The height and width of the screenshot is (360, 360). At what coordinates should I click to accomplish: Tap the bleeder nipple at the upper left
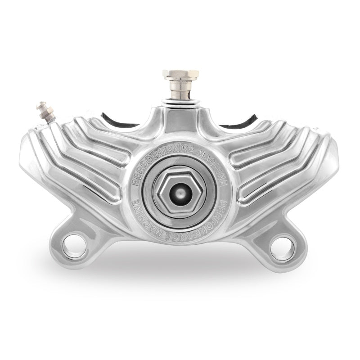point(45,110)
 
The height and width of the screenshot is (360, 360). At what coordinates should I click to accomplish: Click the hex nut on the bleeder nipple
point(47,112)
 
